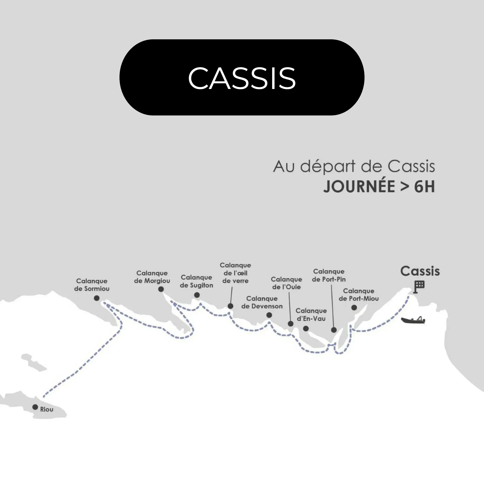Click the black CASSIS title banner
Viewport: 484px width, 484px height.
242,77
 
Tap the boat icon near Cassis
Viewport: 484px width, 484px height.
413,320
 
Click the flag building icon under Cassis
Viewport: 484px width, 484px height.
419,287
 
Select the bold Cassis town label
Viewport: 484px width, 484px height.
420,271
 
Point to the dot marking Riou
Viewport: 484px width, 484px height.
35,407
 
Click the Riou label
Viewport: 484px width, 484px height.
47,409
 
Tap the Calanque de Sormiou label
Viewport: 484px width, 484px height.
92,285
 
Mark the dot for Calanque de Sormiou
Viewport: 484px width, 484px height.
97,298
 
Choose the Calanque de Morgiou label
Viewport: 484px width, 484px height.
152,277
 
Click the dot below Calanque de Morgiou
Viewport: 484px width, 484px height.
161,289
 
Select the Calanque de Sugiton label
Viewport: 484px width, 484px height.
196,281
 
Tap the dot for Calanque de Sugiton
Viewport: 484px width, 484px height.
197,295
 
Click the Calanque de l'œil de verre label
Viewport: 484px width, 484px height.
235,273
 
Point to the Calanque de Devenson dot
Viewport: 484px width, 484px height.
269,315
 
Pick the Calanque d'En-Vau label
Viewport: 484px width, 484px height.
311,315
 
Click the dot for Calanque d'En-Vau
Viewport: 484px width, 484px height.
306,328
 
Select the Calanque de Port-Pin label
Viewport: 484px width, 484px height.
329,275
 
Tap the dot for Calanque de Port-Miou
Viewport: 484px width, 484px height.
354,308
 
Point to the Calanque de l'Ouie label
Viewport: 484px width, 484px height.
286,283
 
